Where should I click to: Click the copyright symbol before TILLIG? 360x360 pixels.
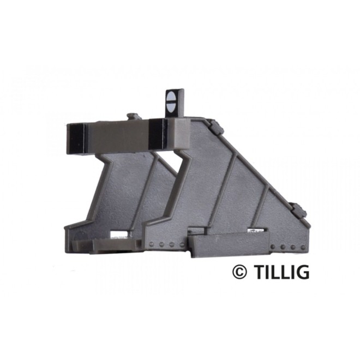(x=239, y=272)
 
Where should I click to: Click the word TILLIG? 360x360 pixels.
(x=281, y=272)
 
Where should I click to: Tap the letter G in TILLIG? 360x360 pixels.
(x=302, y=272)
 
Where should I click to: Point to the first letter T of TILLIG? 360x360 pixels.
(x=259, y=272)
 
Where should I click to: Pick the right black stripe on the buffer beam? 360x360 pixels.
(x=158, y=134)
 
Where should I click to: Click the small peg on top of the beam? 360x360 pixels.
(x=133, y=116)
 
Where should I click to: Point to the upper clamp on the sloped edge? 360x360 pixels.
(x=217, y=127)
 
